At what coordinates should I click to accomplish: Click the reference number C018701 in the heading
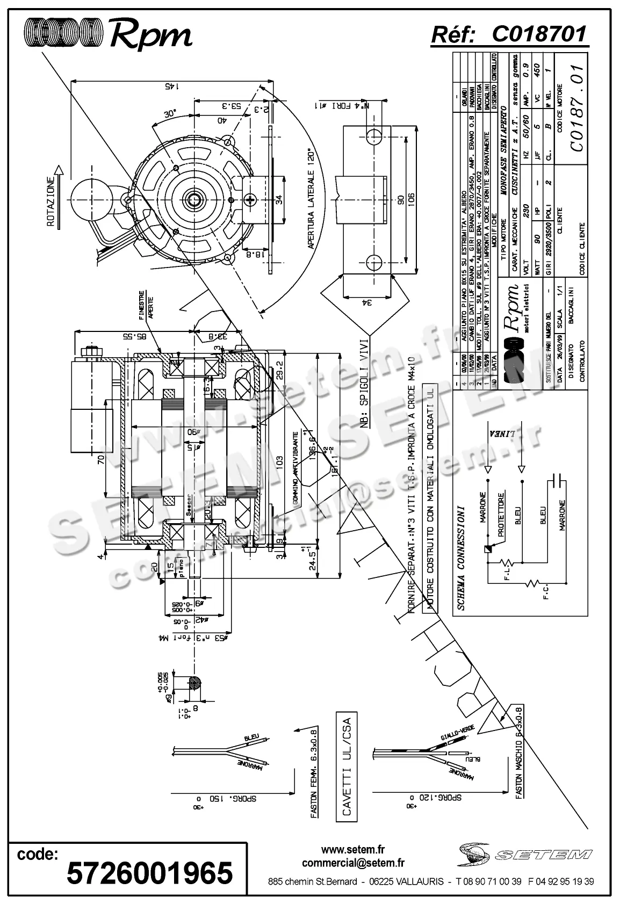coord(539,34)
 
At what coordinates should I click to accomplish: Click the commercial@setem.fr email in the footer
coord(353,863)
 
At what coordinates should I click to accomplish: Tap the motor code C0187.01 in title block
coord(577,108)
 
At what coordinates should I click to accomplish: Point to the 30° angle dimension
coord(170,115)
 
